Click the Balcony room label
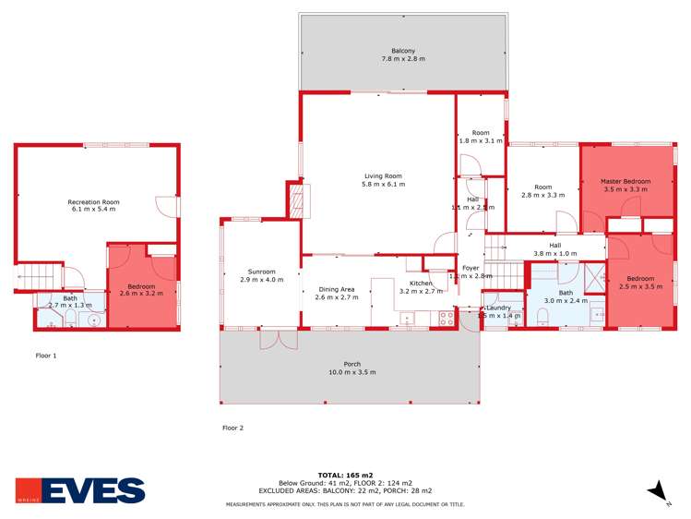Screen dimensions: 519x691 click(x=402, y=54)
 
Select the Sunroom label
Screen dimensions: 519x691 click(x=261, y=274)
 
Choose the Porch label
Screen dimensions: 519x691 click(x=351, y=368)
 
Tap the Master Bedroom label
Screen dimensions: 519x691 click(x=625, y=185)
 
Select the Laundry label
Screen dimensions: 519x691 click(x=501, y=310)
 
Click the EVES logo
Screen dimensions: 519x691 click(x=80, y=490)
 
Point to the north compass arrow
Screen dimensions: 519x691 click(x=658, y=492)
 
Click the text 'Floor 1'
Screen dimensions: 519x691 click(x=46, y=355)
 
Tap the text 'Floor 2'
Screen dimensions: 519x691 click(x=232, y=428)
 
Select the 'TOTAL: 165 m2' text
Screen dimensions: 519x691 click(x=345, y=475)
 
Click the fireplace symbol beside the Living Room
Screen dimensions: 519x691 click(x=296, y=200)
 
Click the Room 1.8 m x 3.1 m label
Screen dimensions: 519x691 click(x=480, y=138)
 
